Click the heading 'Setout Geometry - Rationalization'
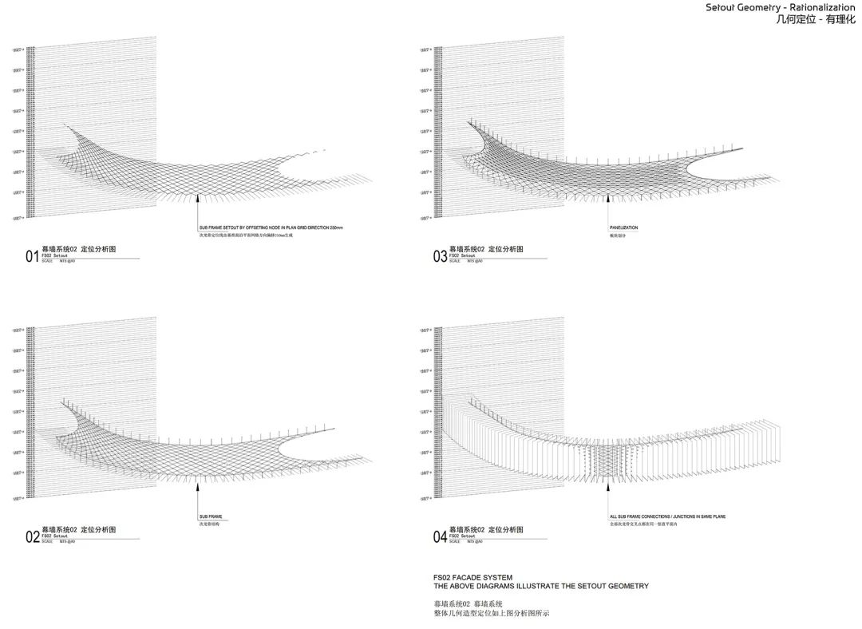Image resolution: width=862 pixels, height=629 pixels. (780, 8)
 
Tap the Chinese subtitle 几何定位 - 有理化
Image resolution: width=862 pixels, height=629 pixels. (815, 21)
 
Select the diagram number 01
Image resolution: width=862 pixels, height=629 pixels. (32, 256)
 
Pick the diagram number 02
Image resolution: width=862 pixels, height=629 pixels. (32, 537)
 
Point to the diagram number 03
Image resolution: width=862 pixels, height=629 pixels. (440, 256)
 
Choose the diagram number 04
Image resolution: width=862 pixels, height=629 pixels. (440, 537)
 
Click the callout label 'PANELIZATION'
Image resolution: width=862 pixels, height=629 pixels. (623, 228)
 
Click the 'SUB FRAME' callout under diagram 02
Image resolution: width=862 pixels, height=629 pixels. (210, 516)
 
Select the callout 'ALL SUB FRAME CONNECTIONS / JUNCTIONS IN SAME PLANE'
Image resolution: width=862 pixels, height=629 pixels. (667, 516)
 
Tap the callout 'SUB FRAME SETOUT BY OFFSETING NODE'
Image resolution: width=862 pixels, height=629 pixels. (265, 228)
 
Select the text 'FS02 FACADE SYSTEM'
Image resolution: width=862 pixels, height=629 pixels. (473, 577)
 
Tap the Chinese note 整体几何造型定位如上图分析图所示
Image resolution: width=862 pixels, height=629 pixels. (492, 613)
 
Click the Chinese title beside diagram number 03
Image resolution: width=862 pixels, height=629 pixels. (486, 249)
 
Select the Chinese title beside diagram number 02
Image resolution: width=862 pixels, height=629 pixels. (78, 530)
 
